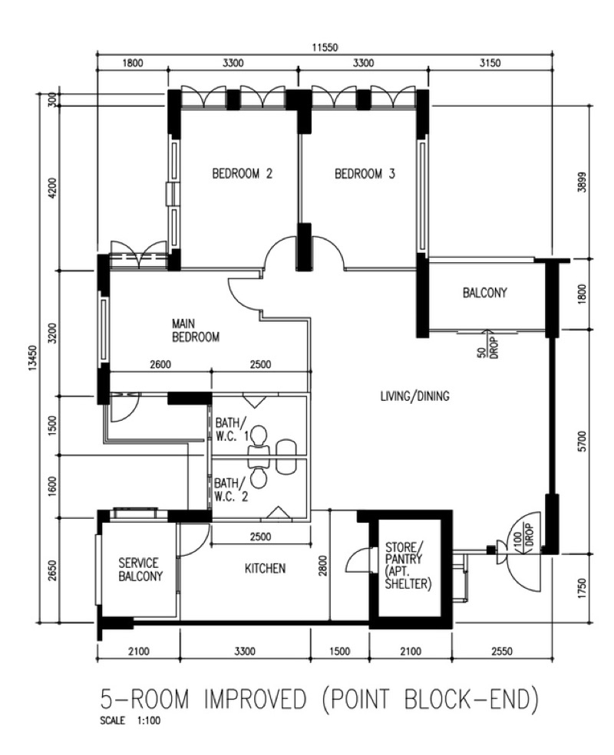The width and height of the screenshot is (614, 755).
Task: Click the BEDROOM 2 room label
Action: [x=242, y=173]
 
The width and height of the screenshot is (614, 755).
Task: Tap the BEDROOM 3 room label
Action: [x=365, y=173]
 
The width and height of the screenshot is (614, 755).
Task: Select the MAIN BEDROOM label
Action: [x=196, y=330]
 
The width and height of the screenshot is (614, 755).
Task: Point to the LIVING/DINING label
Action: [x=415, y=396]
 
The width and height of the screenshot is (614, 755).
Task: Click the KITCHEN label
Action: [x=265, y=569]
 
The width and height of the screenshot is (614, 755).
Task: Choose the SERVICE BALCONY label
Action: [x=140, y=570]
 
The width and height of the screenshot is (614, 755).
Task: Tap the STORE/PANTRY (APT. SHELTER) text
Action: [x=408, y=565]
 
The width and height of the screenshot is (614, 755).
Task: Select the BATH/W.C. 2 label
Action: [x=231, y=489]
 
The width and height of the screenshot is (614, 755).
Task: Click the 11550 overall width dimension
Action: [x=325, y=48]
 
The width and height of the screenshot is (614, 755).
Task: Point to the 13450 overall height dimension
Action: [x=32, y=358]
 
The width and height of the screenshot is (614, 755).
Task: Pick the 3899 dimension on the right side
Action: [x=583, y=182]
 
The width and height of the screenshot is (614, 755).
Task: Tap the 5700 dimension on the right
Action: [x=583, y=441]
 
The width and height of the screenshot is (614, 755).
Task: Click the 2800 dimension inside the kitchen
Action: [x=323, y=565]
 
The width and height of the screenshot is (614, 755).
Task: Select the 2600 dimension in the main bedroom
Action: [x=160, y=365]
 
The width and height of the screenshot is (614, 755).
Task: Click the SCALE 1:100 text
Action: [x=130, y=721]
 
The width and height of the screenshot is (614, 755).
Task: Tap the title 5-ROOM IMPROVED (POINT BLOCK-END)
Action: [x=319, y=699]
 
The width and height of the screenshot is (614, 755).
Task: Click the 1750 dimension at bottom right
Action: [x=583, y=589]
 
